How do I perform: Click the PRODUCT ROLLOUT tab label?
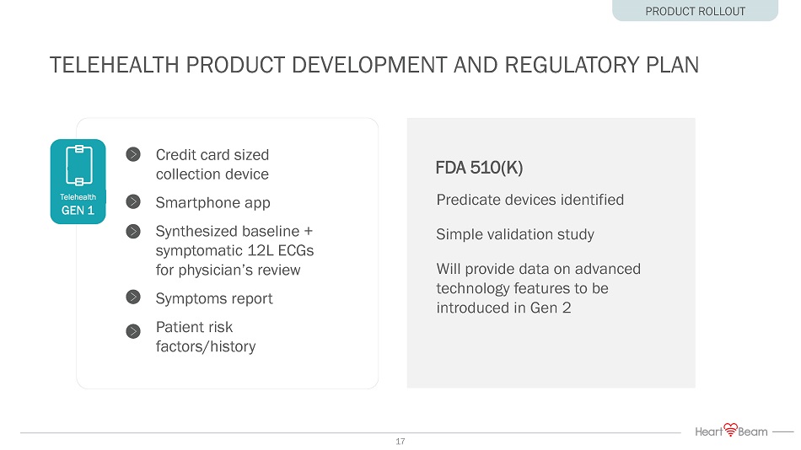pyautogui.click(x=696, y=11)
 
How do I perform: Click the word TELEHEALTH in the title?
pyautogui.click(x=114, y=66)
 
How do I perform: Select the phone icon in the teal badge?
pyautogui.click(x=79, y=165)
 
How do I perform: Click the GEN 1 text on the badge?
pyautogui.click(x=78, y=211)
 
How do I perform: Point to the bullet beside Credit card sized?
pyautogui.click(x=133, y=154)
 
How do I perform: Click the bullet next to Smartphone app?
pyautogui.click(x=133, y=201)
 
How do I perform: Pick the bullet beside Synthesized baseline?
pyautogui.click(x=133, y=232)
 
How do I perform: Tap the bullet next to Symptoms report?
pyautogui.click(x=133, y=297)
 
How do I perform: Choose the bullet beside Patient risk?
pyautogui.click(x=133, y=331)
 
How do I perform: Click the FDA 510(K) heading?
pyautogui.click(x=479, y=168)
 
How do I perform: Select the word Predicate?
pyautogui.click(x=469, y=200)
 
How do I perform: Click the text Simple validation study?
pyautogui.click(x=515, y=234)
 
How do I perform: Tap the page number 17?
pyautogui.click(x=400, y=442)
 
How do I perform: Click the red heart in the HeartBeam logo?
pyautogui.click(x=731, y=429)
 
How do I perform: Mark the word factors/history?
pyautogui.click(x=206, y=347)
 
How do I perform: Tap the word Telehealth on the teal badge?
pyautogui.click(x=78, y=197)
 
